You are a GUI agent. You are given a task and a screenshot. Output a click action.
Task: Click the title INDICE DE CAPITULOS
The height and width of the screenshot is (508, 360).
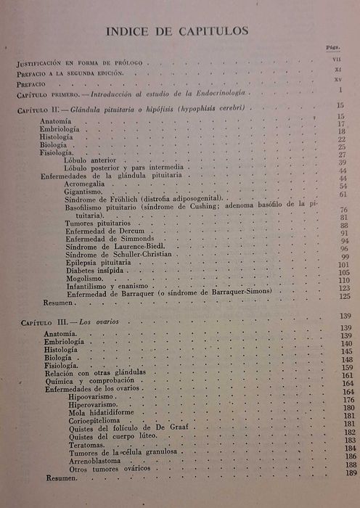(177, 31)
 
